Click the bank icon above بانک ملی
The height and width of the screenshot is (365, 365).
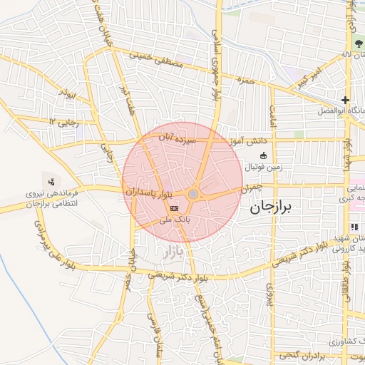[x=175, y=207]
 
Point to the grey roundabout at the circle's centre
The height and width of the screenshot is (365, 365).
[x=193, y=194]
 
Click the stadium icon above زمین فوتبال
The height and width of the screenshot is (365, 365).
[x=263, y=155]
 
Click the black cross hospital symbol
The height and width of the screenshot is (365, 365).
[x=345, y=101]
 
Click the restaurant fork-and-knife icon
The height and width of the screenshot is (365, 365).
[x=354, y=227]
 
